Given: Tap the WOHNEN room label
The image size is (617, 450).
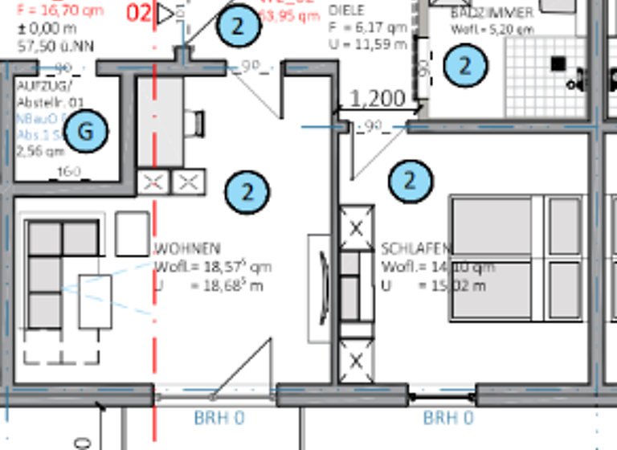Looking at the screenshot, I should pos(187,249).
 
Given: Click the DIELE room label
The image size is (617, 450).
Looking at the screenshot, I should pos(347,10).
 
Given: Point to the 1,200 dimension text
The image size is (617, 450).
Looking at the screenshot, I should pos(378,99).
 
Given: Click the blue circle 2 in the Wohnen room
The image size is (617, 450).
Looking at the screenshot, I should pos(247,192).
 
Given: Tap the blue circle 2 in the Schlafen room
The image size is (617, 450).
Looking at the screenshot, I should pos(411,181).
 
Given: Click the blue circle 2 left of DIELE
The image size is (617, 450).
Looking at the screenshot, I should pos(238,26).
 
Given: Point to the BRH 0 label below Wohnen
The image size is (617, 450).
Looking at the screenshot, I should pos(219,419).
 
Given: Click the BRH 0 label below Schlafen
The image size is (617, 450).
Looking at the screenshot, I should pos(448,419).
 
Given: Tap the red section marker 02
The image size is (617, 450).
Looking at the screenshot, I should pos(140,14).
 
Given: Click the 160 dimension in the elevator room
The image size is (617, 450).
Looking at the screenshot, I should pos(70,171).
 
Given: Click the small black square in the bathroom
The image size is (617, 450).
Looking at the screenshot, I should pos(558,63).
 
